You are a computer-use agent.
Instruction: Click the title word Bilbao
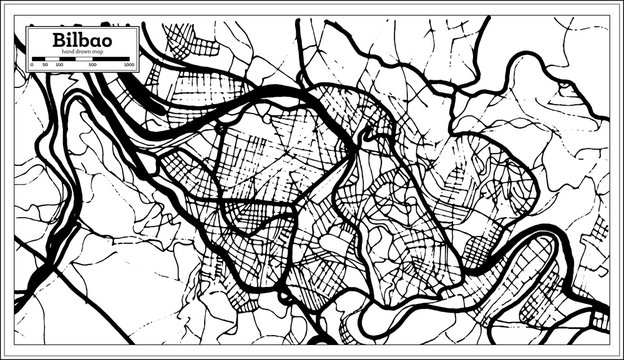tap(83, 40)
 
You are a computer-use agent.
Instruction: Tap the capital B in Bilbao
tap(59, 40)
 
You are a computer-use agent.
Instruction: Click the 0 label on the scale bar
tap(32, 65)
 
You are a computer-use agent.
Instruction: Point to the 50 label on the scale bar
tap(45, 65)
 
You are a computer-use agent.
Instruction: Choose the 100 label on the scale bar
tap(60, 65)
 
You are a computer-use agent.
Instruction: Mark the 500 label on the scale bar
tap(92, 65)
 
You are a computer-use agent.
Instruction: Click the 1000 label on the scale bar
tap(129, 65)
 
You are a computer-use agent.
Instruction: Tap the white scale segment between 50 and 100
tap(52, 59)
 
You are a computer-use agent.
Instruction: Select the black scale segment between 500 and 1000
tap(111, 59)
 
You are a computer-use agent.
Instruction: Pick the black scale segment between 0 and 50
tap(38, 59)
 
